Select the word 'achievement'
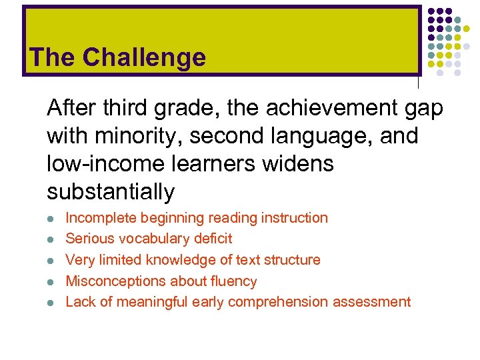point(314,108)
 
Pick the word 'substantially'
point(111,192)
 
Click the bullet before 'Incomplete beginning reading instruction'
point(51,218)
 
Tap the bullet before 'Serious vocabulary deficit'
point(51,239)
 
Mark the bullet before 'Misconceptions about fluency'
point(51,281)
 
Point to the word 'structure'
point(292,260)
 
